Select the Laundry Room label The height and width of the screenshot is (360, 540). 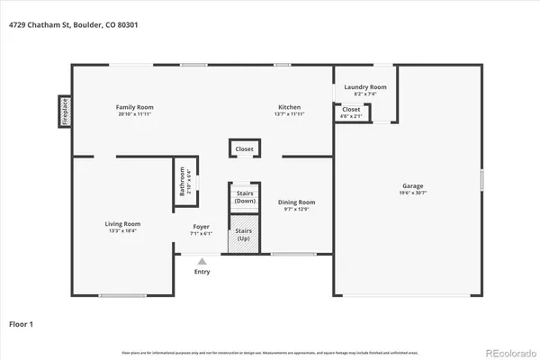point(365,86)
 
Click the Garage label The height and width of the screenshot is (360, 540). point(413,185)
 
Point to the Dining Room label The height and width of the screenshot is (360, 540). point(296,202)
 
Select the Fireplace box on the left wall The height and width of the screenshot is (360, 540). point(65,111)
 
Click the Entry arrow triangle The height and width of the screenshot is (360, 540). point(202,262)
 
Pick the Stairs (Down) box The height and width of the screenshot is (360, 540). point(245,197)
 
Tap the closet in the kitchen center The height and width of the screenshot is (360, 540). point(245,148)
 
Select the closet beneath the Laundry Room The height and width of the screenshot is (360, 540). point(351,112)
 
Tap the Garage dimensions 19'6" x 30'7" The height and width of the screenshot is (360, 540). point(413,193)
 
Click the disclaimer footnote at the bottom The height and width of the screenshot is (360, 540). point(270,350)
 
